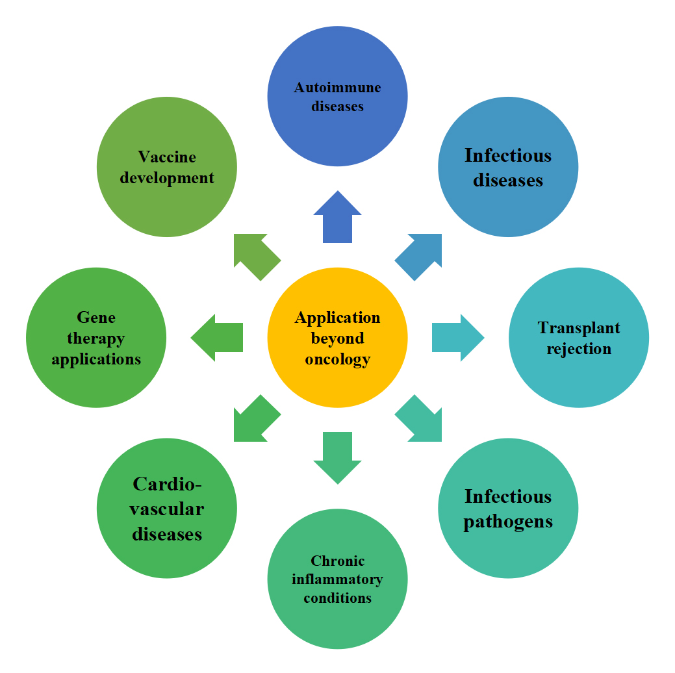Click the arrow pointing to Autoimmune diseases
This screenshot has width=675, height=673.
(x=337, y=219)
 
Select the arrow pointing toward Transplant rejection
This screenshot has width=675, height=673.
(x=457, y=338)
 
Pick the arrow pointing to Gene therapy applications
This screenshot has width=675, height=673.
(x=218, y=338)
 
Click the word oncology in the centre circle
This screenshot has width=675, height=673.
(x=337, y=359)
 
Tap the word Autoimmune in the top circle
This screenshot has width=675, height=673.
(x=337, y=87)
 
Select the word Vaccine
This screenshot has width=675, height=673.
(x=167, y=157)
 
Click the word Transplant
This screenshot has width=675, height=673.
(x=579, y=328)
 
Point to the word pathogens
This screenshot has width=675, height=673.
(x=508, y=521)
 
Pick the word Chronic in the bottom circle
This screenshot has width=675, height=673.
(x=337, y=561)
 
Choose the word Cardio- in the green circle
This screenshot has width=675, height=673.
(x=167, y=484)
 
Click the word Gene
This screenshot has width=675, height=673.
(x=96, y=317)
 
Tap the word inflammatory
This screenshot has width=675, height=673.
(x=337, y=579)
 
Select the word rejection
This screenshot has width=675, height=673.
(x=579, y=349)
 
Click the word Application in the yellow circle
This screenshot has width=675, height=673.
(x=337, y=318)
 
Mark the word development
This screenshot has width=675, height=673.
(x=167, y=178)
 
